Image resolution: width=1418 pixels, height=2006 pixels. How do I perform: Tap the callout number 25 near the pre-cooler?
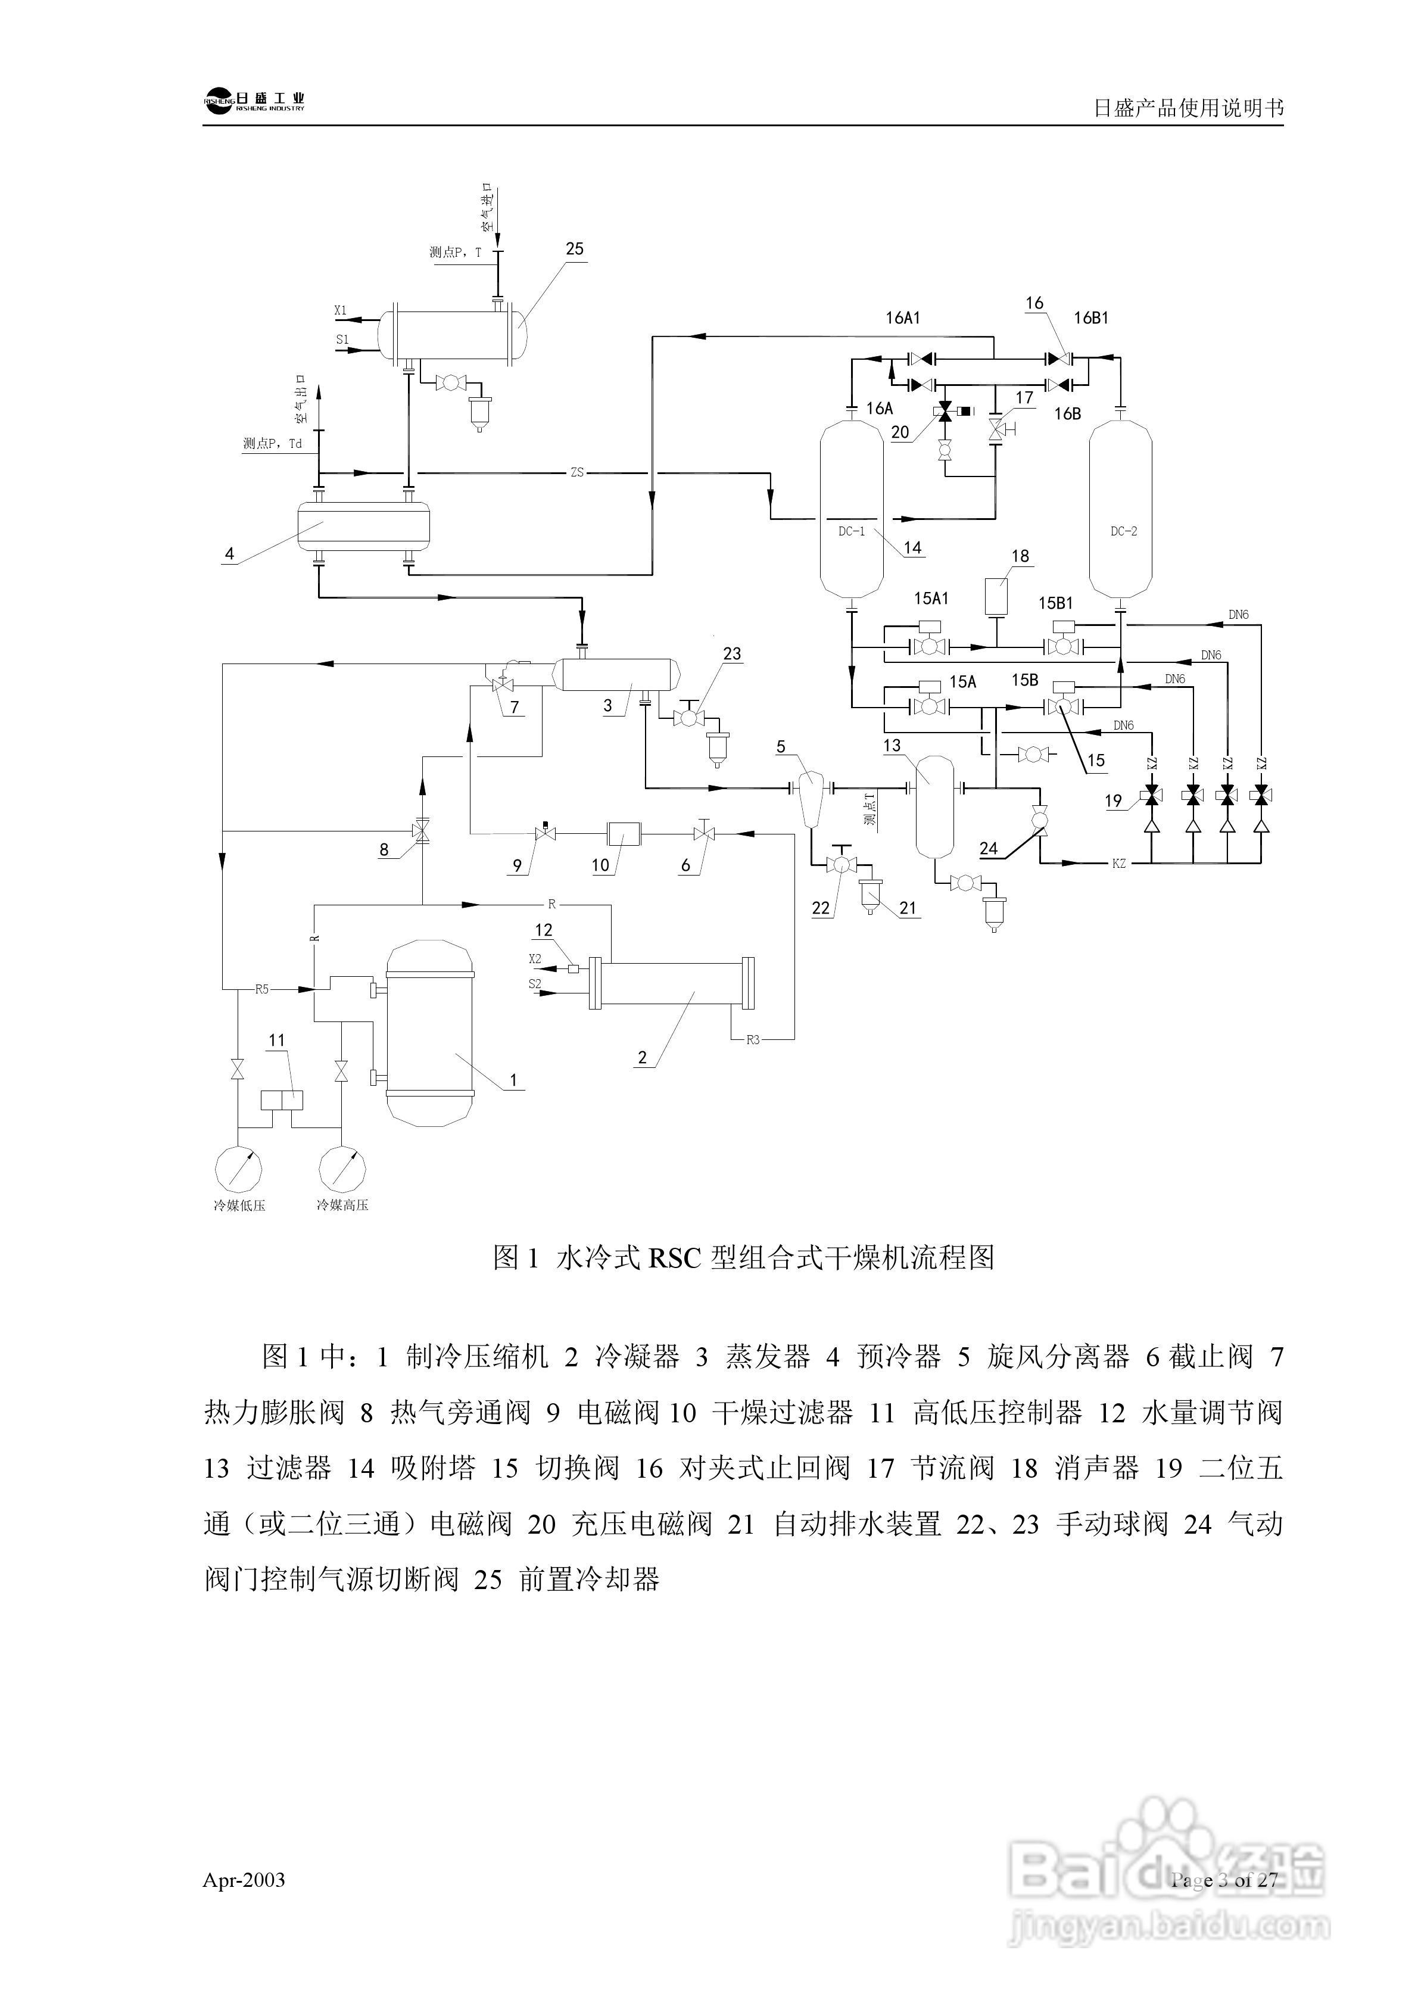574,249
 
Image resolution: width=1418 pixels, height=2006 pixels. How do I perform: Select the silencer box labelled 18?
996,595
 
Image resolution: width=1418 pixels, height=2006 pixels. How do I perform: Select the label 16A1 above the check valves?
902,318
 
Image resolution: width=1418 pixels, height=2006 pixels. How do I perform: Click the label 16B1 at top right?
1090,318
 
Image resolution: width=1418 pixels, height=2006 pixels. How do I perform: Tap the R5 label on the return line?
262,990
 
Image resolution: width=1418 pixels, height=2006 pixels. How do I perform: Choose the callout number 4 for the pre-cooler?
230,554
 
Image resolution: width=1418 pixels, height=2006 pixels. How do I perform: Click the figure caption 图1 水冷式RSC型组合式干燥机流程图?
743,1258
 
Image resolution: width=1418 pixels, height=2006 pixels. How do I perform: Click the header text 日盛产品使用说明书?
1188,108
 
